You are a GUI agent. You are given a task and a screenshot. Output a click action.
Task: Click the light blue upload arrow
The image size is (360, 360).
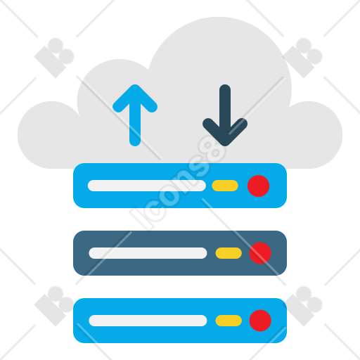(x=135, y=115)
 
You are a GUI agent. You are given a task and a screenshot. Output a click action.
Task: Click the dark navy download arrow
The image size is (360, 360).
(x=225, y=115)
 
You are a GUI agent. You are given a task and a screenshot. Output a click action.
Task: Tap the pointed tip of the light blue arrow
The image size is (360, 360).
(x=135, y=85)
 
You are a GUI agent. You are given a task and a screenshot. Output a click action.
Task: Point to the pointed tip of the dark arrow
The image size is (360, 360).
(x=225, y=146)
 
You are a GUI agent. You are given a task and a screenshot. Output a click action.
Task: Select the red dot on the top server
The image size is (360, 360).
(x=258, y=186)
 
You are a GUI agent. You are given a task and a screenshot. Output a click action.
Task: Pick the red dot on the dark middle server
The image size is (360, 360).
(x=260, y=253)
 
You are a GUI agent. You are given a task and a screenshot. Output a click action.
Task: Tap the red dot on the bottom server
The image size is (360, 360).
(x=260, y=321)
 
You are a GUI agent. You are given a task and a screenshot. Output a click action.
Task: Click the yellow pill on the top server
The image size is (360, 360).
(x=225, y=186)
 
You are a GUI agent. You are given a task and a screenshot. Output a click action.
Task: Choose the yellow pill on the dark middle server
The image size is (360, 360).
(x=229, y=253)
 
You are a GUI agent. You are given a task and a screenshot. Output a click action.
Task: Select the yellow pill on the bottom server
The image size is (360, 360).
(x=229, y=321)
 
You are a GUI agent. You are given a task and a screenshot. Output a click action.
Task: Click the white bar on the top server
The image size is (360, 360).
(x=147, y=186)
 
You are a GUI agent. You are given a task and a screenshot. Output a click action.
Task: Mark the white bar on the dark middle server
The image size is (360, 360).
(x=148, y=253)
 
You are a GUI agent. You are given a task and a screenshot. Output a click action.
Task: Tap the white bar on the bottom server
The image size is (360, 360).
(x=148, y=321)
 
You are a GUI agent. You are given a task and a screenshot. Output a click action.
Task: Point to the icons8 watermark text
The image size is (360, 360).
(x=178, y=182)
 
